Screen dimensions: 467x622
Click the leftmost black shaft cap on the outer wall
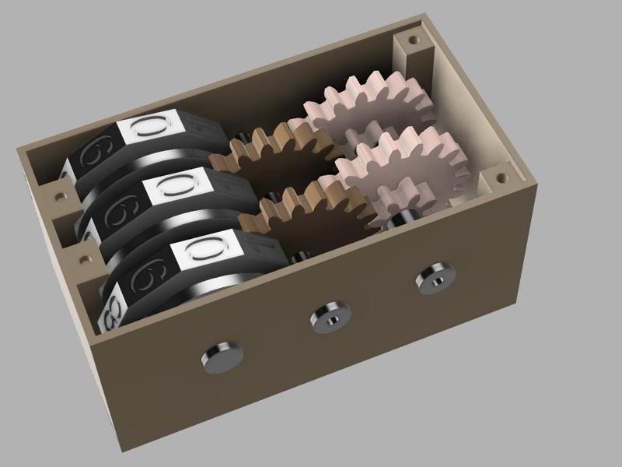pos(222,356)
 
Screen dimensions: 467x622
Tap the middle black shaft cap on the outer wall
pos(330,315)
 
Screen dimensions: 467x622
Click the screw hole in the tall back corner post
pos(411,37)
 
